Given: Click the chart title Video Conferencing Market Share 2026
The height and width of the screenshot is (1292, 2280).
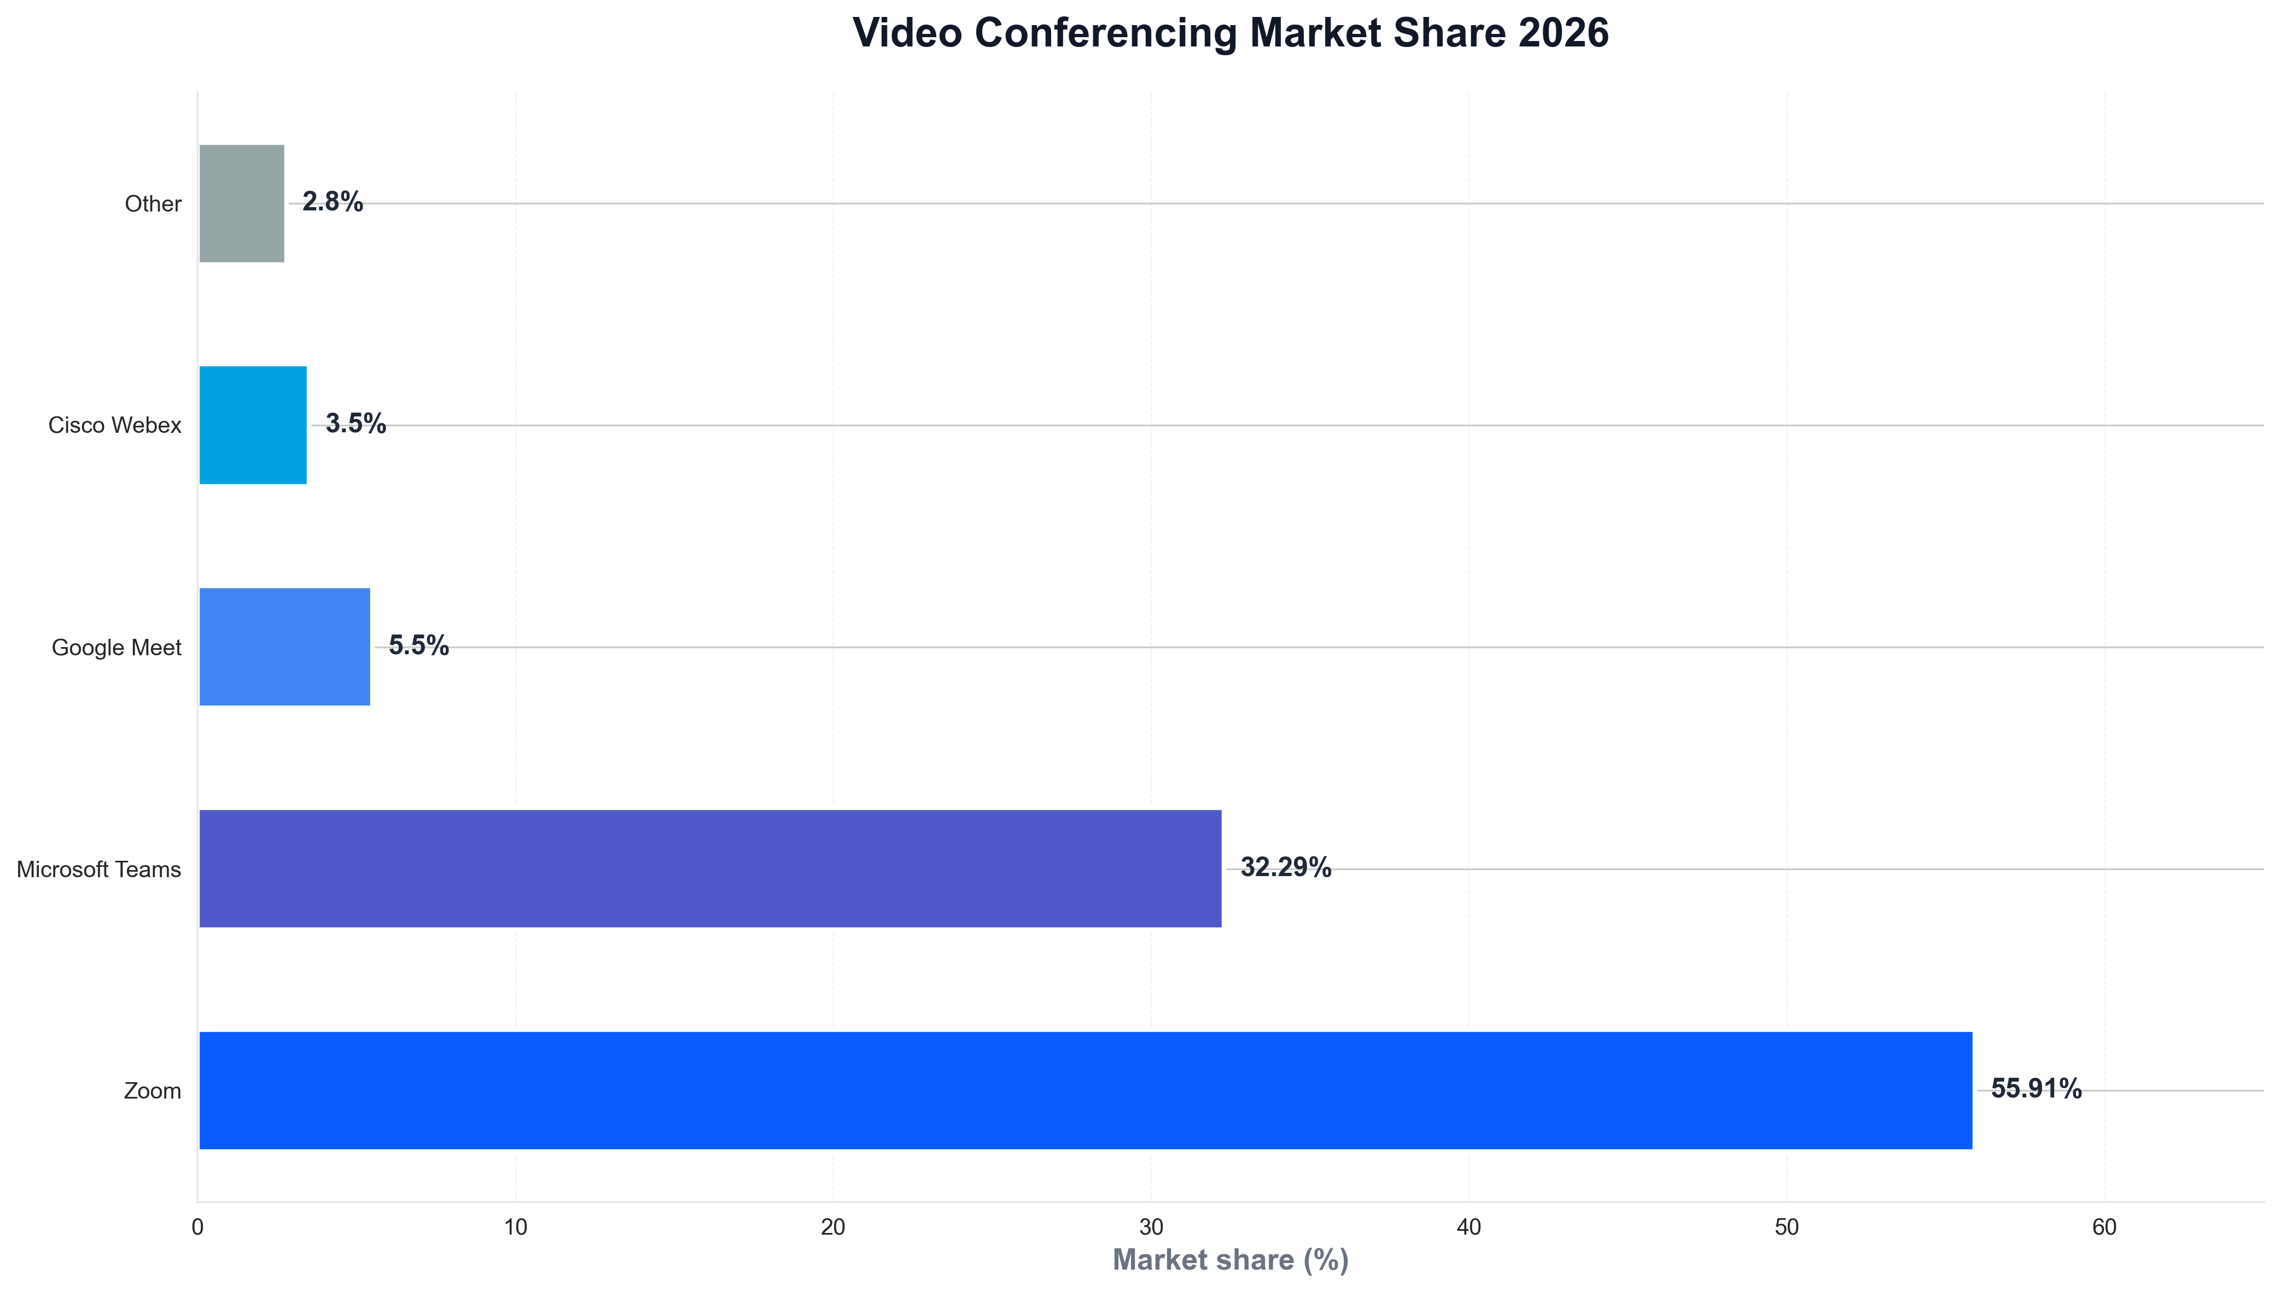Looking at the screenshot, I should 1229,34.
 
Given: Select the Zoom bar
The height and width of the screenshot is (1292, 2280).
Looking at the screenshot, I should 1085,1090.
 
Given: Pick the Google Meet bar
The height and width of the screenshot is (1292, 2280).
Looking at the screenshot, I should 284,647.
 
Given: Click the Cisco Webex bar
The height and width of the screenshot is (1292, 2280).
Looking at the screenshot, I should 253,425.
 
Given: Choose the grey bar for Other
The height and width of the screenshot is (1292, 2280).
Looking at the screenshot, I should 242,203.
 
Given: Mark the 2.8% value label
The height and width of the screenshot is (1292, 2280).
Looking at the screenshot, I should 332,202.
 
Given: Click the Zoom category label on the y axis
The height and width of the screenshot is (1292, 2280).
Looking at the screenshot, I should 152,1090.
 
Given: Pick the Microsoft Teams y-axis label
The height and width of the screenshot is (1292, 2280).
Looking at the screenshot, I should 98,870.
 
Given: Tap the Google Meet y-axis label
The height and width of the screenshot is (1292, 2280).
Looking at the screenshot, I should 116,648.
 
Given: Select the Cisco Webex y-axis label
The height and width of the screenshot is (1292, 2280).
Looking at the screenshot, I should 114,426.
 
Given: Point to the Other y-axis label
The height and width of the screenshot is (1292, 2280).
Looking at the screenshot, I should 153,204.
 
